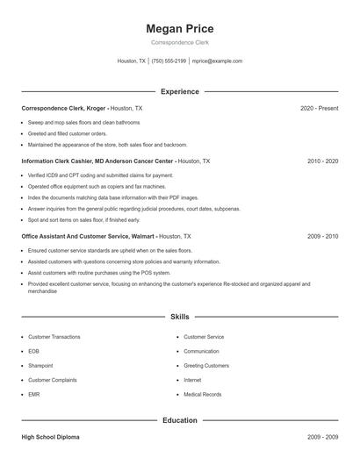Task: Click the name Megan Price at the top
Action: [x=180, y=29]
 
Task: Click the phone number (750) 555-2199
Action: [x=169, y=61]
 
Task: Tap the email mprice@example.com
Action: [x=217, y=61]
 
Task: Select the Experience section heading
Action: [x=180, y=91]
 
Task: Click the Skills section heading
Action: [x=180, y=317]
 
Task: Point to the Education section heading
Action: [x=180, y=420]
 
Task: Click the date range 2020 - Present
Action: [x=319, y=108]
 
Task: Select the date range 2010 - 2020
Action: [x=322, y=161]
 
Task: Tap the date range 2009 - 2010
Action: [x=322, y=237]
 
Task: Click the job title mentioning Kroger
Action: [x=82, y=108]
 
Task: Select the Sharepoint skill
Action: [x=40, y=366]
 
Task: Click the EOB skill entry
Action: [x=33, y=351]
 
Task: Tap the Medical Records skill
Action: [x=203, y=394]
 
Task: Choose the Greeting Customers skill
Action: [x=206, y=366]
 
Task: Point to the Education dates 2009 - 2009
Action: [x=322, y=436]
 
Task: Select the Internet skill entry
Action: [x=192, y=380]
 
